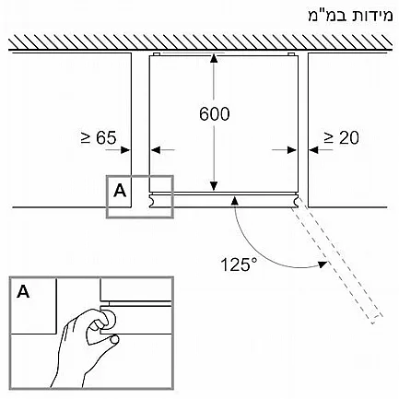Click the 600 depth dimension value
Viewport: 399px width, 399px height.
[214, 113]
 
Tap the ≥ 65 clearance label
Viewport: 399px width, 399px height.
[99, 137]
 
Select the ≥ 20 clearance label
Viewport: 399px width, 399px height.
[341, 137]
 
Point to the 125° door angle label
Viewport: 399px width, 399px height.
[239, 264]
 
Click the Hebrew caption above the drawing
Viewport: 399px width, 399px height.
[350, 16]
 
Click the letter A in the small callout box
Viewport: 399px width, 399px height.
[120, 191]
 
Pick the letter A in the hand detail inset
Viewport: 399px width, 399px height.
[24, 291]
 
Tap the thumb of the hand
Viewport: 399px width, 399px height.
[114, 339]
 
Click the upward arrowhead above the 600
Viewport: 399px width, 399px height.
[214, 59]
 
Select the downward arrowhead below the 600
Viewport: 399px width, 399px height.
[214, 186]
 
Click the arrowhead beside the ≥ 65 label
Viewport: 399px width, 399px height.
[125, 150]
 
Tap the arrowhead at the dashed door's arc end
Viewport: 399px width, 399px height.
[322, 264]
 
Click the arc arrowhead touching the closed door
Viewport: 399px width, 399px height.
[235, 201]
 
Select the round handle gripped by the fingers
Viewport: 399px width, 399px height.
[110, 319]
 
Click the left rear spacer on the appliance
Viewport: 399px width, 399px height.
[156, 54]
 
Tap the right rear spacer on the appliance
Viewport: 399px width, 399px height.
[291, 54]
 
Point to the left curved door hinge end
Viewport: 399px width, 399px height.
[151, 201]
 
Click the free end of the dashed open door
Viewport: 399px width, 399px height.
[378, 320]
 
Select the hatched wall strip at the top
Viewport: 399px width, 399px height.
[200, 42]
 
